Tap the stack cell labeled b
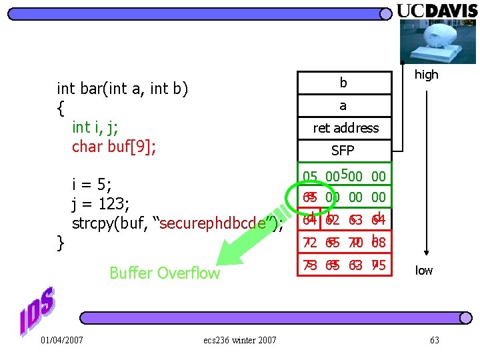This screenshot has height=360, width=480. click(343, 83)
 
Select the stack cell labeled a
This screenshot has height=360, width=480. click(343, 105)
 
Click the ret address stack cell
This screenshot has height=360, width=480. click(345, 128)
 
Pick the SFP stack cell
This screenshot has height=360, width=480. click(343, 150)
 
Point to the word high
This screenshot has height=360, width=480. click(427, 75)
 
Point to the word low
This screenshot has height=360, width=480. click(424, 270)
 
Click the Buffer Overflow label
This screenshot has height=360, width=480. click(164, 273)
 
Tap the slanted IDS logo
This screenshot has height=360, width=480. click(37, 310)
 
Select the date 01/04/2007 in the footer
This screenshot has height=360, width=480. click(61, 341)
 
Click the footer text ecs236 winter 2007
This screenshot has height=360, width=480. click(240, 341)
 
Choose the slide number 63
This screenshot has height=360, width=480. click(435, 341)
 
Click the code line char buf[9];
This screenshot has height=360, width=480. click(114, 147)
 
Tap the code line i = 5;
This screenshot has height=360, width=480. click(91, 184)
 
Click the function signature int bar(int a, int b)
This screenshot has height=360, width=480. click(123, 89)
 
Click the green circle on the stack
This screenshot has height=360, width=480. click(309, 197)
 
